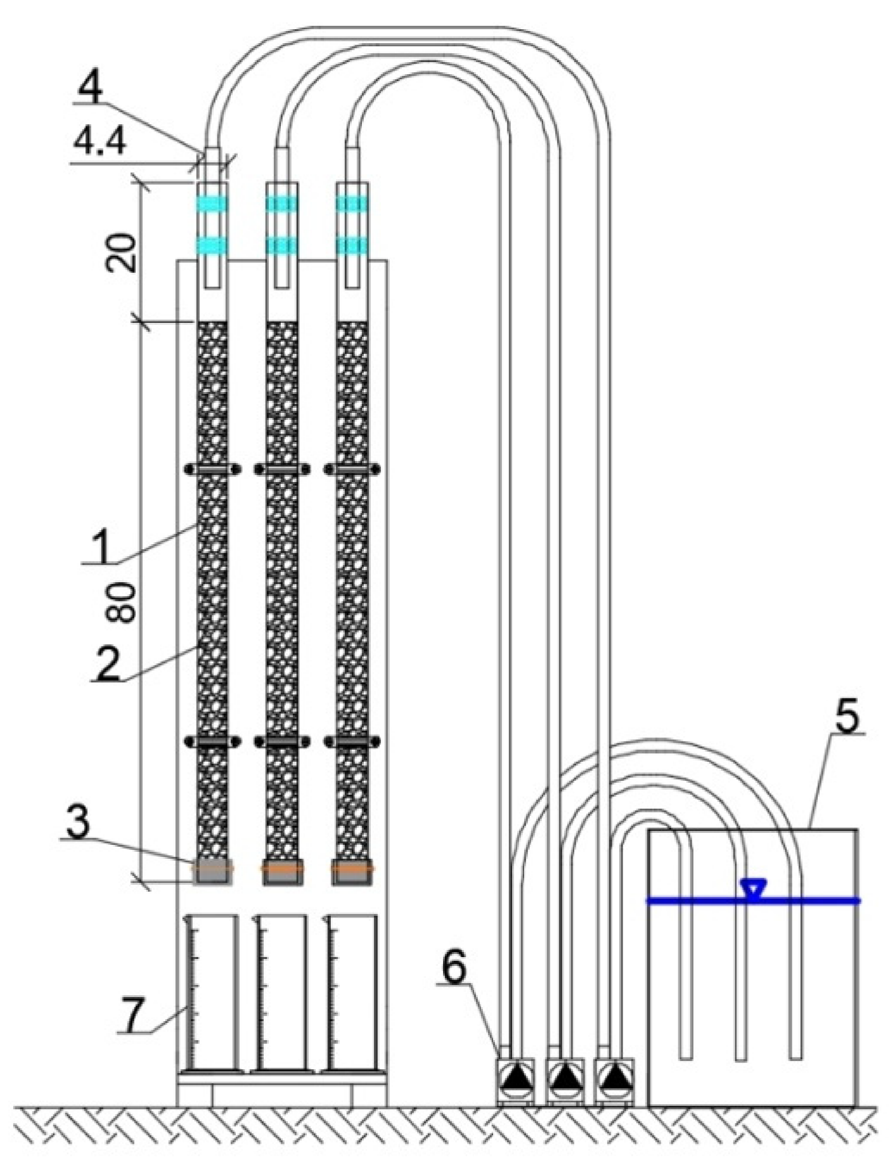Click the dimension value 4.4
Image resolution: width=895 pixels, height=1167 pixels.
click(x=100, y=144)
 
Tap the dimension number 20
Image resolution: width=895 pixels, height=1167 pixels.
click(x=121, y=252)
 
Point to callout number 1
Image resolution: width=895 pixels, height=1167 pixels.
click(x=101, y=549)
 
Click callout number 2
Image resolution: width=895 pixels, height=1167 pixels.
click(x=107, y=665)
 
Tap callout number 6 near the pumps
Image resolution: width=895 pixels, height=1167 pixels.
click(x=454, y=968)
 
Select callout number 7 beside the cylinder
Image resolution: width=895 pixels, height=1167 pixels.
click(x=134, y=1015)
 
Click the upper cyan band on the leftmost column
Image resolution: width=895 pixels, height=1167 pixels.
click(x=212, y=204)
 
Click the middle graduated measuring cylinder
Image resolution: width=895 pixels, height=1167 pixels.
click(x=281, y=993)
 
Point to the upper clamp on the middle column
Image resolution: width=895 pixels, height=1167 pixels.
click(x=282, y=469)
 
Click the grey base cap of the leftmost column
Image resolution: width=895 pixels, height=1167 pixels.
click(x=212, y=873)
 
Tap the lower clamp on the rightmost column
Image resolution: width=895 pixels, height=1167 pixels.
click(x=352, y=741)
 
